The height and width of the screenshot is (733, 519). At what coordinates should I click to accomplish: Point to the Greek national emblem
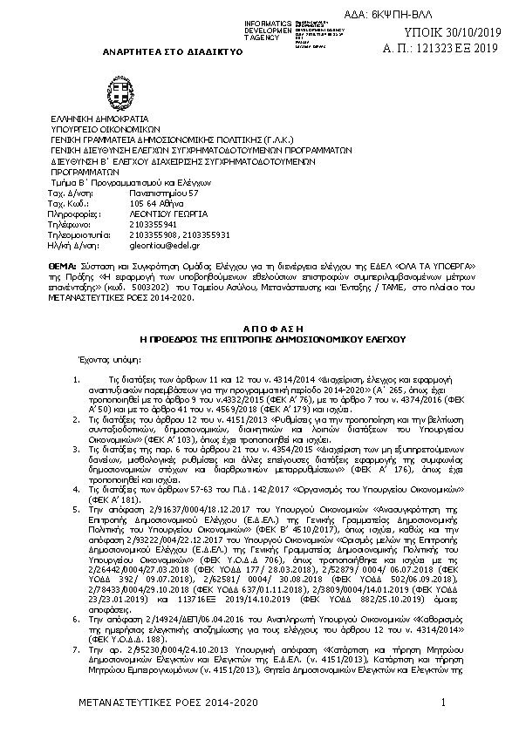click(119, 90)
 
